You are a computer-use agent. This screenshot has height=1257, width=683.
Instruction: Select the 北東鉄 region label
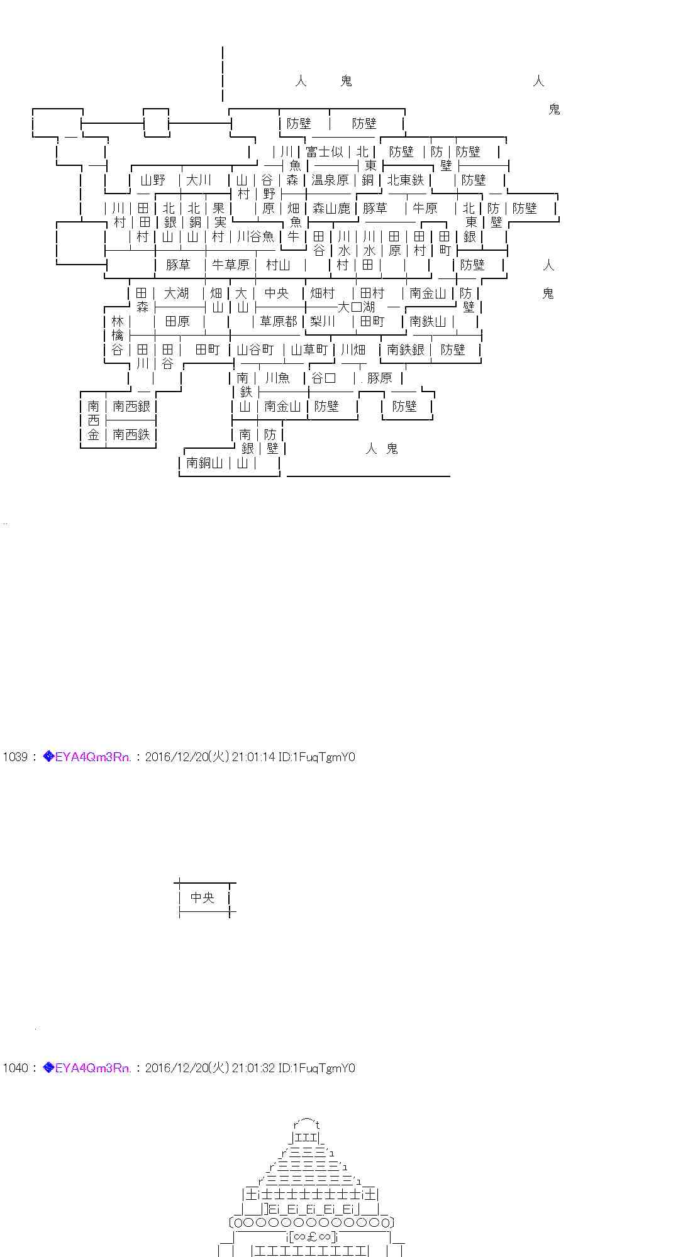[x=406, y=180]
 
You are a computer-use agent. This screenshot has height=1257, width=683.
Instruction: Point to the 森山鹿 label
[x=331, y=208]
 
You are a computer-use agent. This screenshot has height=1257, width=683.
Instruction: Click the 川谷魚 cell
[x=255, y=236]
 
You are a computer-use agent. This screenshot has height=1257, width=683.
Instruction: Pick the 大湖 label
[x=176, y=293]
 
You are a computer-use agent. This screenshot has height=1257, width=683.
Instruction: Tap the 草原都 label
[x=278, y=321]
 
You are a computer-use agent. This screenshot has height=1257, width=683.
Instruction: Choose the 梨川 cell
[x=323, y=321]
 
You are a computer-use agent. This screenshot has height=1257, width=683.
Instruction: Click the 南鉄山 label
[x=428, y=321]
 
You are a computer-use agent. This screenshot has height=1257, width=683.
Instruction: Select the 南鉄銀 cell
[x=406, y=349]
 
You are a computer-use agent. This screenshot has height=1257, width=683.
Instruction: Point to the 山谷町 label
[x=255, y=349]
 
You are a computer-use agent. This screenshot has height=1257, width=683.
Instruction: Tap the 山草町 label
[x=309, y=349]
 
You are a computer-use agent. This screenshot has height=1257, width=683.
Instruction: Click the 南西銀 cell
[x=131, y=406]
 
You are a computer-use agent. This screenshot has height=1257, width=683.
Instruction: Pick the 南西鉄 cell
[x=131, y=434]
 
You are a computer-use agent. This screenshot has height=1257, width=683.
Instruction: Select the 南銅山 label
[x=205, y=463]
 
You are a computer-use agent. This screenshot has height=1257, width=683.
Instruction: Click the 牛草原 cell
[x=230, y=265]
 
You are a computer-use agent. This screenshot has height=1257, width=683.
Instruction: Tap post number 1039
[x=15, y=757]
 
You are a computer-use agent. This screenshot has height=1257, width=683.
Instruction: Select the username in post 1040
[x=93, y=1068]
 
